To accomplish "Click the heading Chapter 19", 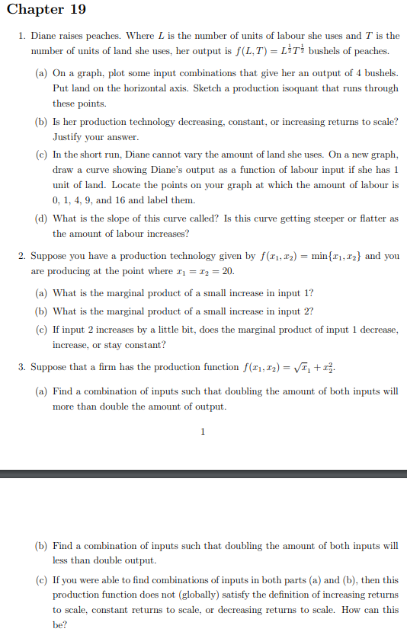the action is (x=46, y=10).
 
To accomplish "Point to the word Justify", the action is (x=68, y=137).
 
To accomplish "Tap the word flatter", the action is (x=371, y=219).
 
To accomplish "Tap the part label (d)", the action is (x=42, y=219).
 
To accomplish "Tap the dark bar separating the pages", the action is (x=203, y=474).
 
